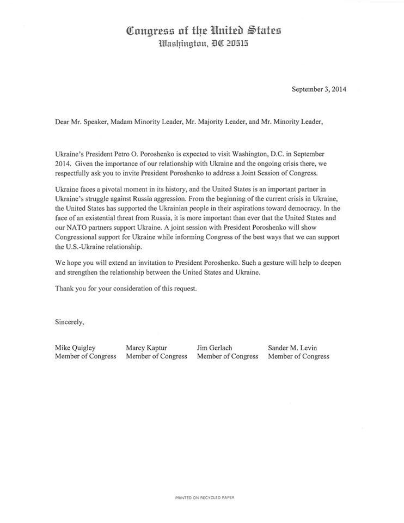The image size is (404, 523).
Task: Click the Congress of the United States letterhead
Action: click(x=204, y=31)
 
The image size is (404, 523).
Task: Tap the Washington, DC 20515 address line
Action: click(x=204, y=45)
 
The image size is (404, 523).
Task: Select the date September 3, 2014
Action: click(x=319, y=90)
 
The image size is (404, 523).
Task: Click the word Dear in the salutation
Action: click(x=63, y=122)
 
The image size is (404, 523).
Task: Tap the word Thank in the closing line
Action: click(x=64, y=289)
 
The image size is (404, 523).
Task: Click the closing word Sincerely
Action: click(x=70, y=321)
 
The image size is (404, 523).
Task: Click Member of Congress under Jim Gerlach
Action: click(x=228, y=356)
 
